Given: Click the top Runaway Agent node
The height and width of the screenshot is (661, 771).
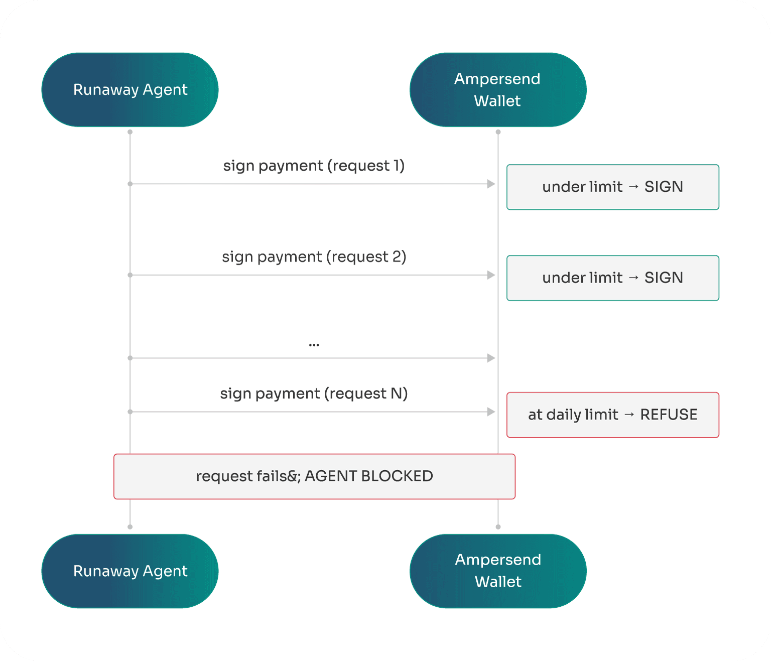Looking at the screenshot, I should (130, 90).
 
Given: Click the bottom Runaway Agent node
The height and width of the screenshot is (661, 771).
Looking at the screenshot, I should (130, 571).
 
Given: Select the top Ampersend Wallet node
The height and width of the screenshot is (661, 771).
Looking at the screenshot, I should (497, 90).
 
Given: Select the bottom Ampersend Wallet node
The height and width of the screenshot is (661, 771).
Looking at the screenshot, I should (497, 571).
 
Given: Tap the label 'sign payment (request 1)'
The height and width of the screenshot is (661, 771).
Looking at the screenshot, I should (314, 166).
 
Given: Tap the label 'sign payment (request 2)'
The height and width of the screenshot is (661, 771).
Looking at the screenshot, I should (314, 257).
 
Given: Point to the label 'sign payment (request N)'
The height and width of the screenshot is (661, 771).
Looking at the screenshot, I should (314, 393).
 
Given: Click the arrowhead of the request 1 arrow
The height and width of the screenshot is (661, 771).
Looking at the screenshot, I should (491, 184).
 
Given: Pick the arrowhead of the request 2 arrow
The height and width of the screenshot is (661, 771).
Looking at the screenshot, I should (491, 275).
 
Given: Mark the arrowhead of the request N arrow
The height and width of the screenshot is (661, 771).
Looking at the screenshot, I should (491, 412).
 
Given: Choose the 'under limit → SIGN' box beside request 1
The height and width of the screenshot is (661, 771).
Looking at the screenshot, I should (612, 187).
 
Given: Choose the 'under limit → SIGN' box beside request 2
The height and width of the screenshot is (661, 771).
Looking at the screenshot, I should (612, 278).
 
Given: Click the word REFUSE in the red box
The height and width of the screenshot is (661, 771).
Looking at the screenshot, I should (669, 415).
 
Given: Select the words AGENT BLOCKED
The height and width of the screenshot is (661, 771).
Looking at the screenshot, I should (369, 476).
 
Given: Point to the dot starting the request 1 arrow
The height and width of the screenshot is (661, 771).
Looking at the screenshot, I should (130, 184).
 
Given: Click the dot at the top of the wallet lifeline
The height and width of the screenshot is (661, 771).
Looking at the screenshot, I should (498, 132).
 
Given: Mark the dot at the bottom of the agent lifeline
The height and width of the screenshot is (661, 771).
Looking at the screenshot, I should (130, 527).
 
